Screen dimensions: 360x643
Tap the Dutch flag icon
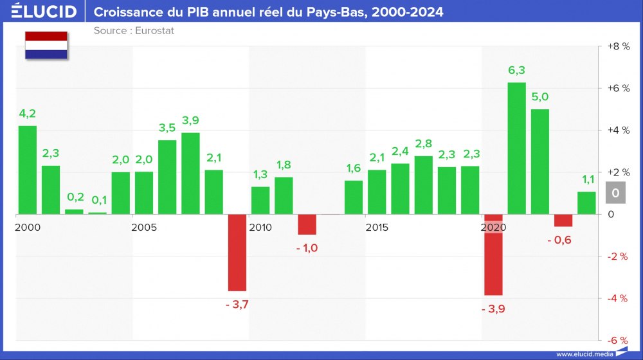(46, 45)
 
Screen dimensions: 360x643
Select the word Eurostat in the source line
(155, 30)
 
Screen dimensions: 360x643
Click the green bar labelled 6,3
(516, 148)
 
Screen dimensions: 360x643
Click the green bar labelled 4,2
(28, 170)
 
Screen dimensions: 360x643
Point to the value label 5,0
(540, 97)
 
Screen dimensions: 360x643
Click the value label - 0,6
(559, 240)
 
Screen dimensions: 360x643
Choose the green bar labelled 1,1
(586, 203)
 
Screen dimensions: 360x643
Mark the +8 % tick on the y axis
(618, 46)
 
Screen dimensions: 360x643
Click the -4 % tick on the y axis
(618, 298)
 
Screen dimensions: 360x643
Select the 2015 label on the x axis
(376, 228)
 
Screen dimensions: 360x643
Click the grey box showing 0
(615, 193)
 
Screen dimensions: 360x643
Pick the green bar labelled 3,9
(190, 174)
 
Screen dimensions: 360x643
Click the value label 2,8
(423, 143)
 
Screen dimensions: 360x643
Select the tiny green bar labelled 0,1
(98, 213)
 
